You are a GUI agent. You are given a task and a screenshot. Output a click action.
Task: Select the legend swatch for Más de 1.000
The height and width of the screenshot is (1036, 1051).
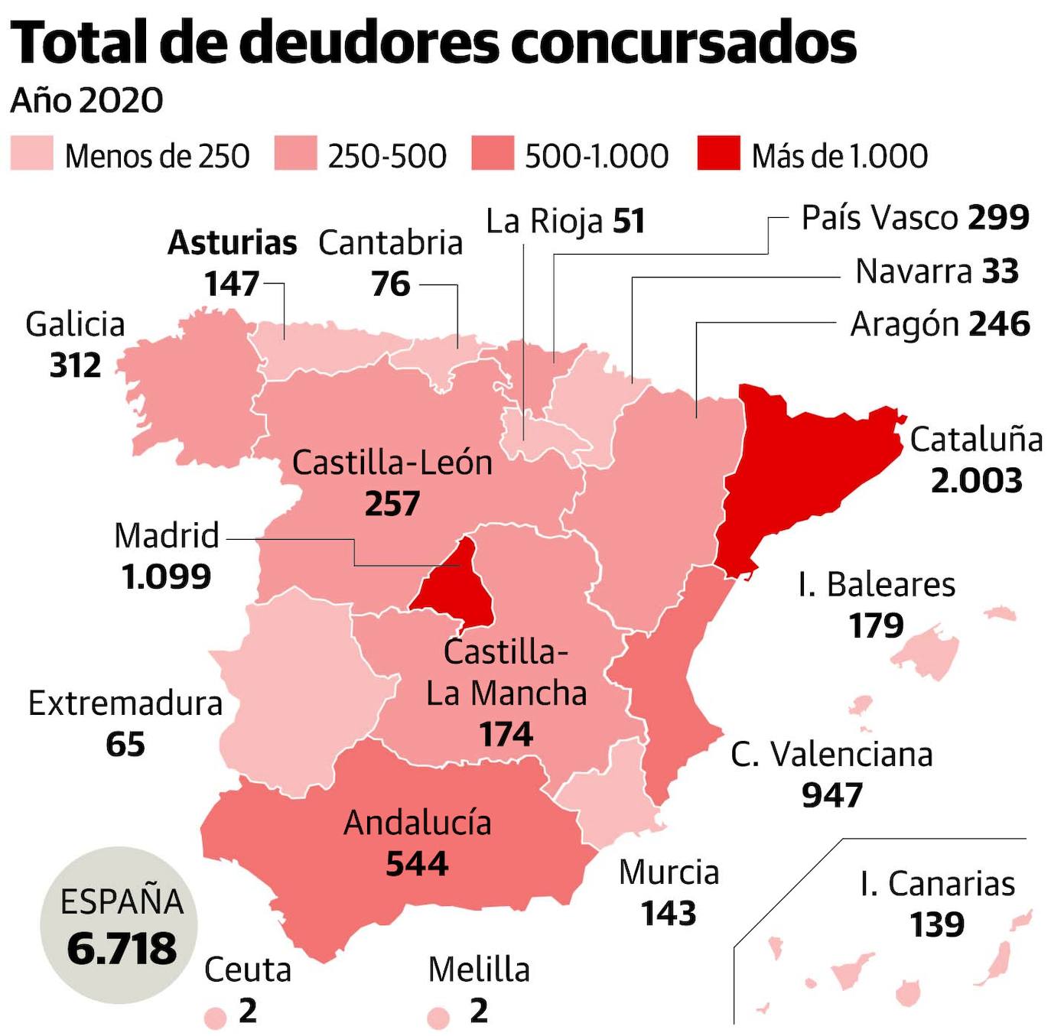(718, 153)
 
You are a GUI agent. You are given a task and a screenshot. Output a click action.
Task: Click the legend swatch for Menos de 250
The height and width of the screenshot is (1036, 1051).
(31, 153)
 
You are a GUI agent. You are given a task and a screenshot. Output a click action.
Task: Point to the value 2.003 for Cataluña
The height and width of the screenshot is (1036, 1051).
(976, 481)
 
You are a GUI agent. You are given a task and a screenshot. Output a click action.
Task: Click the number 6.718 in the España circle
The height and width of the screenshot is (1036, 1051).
(122, 949)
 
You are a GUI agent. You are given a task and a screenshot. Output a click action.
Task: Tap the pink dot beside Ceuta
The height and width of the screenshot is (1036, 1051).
(216, 1018)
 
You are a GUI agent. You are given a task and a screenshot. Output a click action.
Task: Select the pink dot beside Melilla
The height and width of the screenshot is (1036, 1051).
(438, 1018)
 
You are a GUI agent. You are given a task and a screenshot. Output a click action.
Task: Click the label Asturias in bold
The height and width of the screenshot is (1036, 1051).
(232, 243)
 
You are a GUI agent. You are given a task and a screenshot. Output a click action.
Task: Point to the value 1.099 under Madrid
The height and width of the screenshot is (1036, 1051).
(166, 576)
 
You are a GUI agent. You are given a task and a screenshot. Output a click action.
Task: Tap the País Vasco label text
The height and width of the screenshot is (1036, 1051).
(881, 218)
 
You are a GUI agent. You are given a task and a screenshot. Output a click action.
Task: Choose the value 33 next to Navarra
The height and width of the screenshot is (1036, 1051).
(1000, 271)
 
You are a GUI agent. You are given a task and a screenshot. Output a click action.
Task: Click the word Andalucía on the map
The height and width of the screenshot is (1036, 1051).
(417, 823)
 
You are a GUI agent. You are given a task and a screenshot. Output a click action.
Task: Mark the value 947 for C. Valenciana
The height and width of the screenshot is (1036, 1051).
(831, 796)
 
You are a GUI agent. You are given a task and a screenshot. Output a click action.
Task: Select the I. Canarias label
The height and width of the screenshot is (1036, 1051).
(937, 884)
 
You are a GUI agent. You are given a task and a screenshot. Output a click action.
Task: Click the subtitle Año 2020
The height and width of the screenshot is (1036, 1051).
(86, 100)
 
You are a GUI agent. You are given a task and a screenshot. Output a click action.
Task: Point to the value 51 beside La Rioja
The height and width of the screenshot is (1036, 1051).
(628, 222)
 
